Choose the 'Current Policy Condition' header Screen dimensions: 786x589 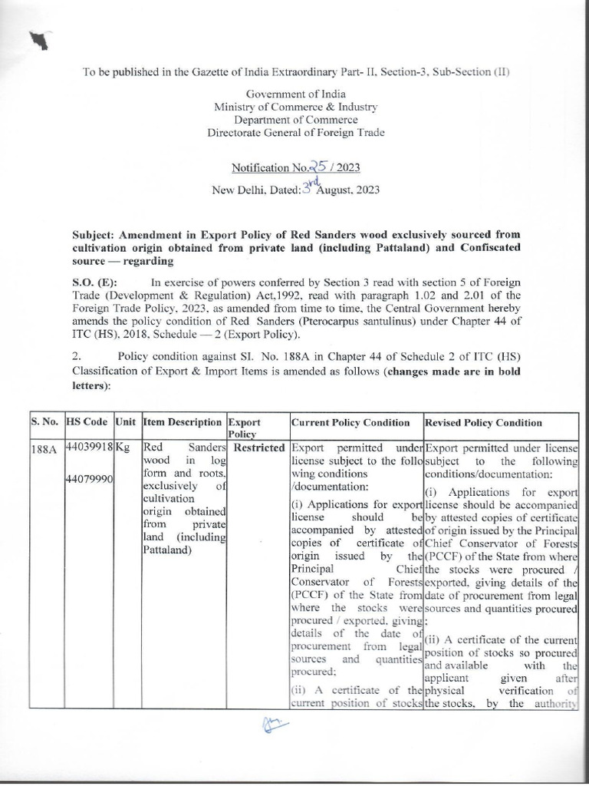(350, 422)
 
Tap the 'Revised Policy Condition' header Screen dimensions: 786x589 (483, 422)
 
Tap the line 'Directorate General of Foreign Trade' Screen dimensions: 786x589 (296, 133)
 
